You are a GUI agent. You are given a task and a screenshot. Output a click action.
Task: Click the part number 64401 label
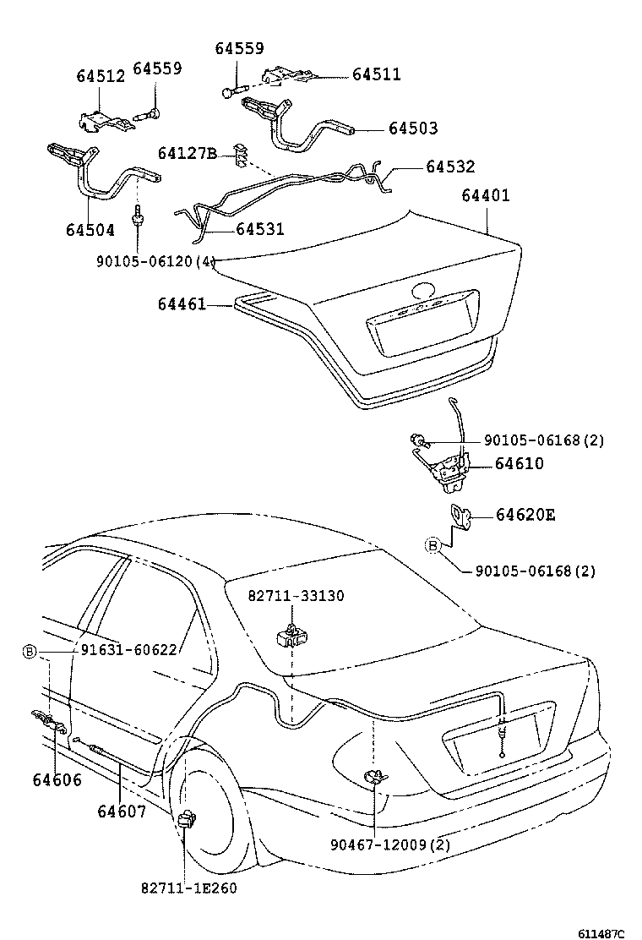(x=485, y=195)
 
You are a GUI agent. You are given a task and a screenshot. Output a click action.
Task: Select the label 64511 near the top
(x=376, y=74)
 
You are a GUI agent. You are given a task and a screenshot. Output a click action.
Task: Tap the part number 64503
(x=413, y=128)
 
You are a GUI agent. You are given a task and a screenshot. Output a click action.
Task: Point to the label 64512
(x=101, y=76)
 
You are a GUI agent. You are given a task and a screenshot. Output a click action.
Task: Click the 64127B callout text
(x=188, y=154)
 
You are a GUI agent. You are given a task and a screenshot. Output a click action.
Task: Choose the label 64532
(x=450, y=166)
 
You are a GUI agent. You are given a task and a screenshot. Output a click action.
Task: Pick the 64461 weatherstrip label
(x=182, y=304)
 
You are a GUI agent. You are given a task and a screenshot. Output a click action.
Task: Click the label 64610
(x=520, y=463)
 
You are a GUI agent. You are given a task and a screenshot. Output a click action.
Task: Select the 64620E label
(x=525, y=515)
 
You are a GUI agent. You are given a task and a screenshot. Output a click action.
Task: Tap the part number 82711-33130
(x=297, y=596)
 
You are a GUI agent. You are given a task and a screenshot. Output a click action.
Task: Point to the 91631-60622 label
(x=128, y=650)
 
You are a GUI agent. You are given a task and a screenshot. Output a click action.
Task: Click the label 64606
(x=57, y=780)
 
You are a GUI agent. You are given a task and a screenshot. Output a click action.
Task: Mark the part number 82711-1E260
(x=189, y=888)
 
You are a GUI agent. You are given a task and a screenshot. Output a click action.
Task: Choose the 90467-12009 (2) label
(x=390, y=844)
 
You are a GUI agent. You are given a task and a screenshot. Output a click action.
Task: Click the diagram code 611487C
(x=601, y=934)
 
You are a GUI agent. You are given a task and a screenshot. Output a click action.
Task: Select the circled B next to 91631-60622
(x=29, y=650)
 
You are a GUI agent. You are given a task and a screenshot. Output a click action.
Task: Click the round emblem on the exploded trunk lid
(x=423, y=291)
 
